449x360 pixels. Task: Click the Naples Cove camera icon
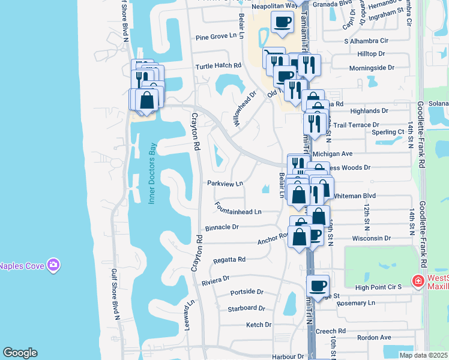(53, 265)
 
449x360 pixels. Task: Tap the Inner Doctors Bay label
(152, 173)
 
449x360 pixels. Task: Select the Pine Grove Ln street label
(211, 37)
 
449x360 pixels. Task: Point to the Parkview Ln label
(225, 183)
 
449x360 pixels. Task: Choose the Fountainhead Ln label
(239, 211)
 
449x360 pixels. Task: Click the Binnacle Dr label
(222, 227)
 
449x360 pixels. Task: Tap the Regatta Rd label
(229, 260)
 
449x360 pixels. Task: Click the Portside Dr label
(247, 292)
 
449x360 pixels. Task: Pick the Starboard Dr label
(246, 308)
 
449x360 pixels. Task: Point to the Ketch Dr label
(259, 325)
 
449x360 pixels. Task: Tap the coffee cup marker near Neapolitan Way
(282, 23)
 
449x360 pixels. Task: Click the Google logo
(20, 353)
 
